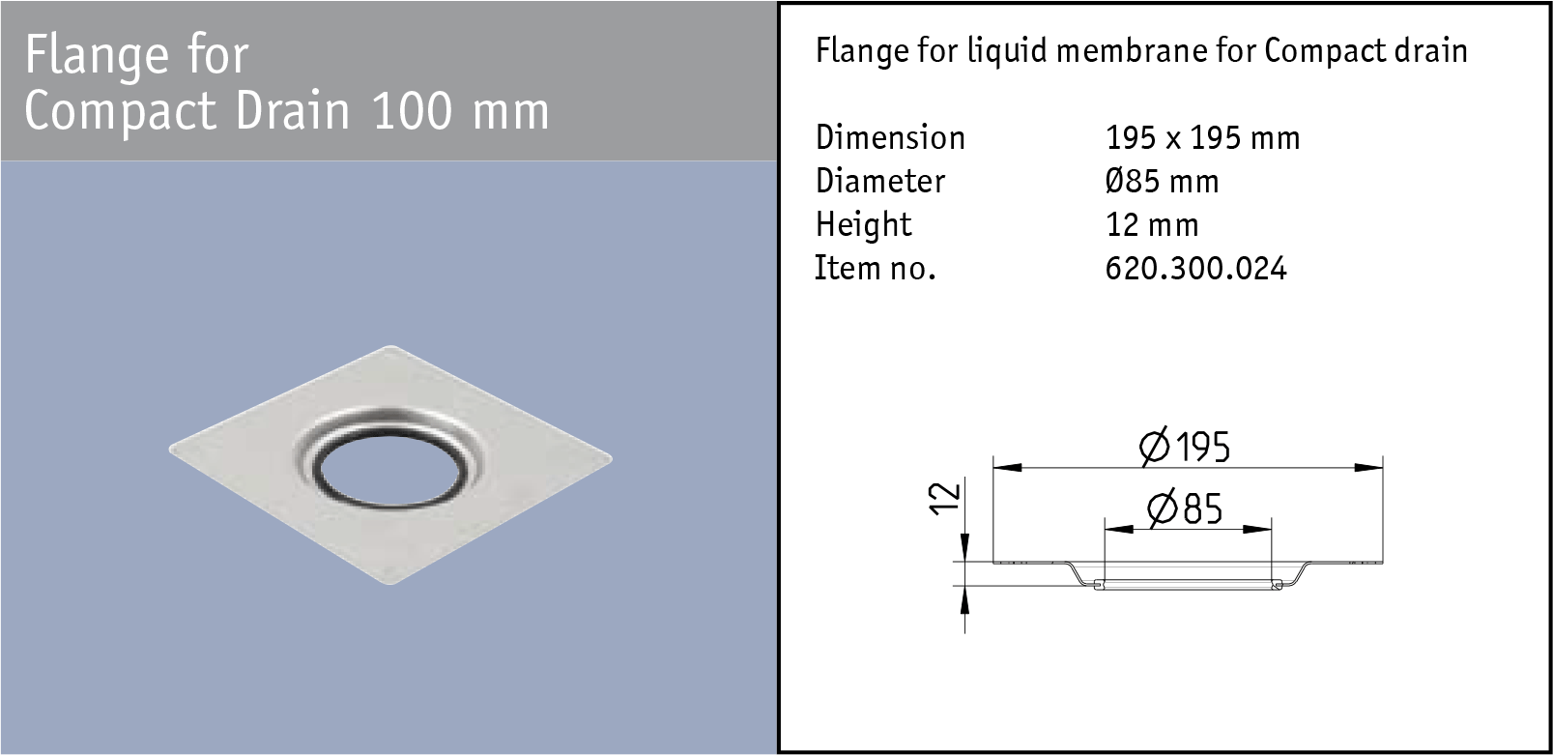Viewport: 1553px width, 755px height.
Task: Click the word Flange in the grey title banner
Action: pos(97,55)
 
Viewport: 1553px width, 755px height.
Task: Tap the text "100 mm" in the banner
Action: pos(461,111)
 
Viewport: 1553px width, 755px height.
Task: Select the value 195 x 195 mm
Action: pos(1202,138)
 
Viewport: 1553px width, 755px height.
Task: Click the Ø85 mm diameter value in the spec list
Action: pos(1162,182)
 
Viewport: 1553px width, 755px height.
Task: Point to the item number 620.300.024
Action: pos(1196,269)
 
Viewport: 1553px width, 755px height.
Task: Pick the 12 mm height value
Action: pos(1152,225)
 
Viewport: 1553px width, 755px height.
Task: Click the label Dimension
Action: pos(890,138)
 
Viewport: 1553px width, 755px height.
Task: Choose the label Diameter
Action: pos(879,182)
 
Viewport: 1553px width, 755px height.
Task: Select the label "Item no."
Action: pos(875,269)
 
